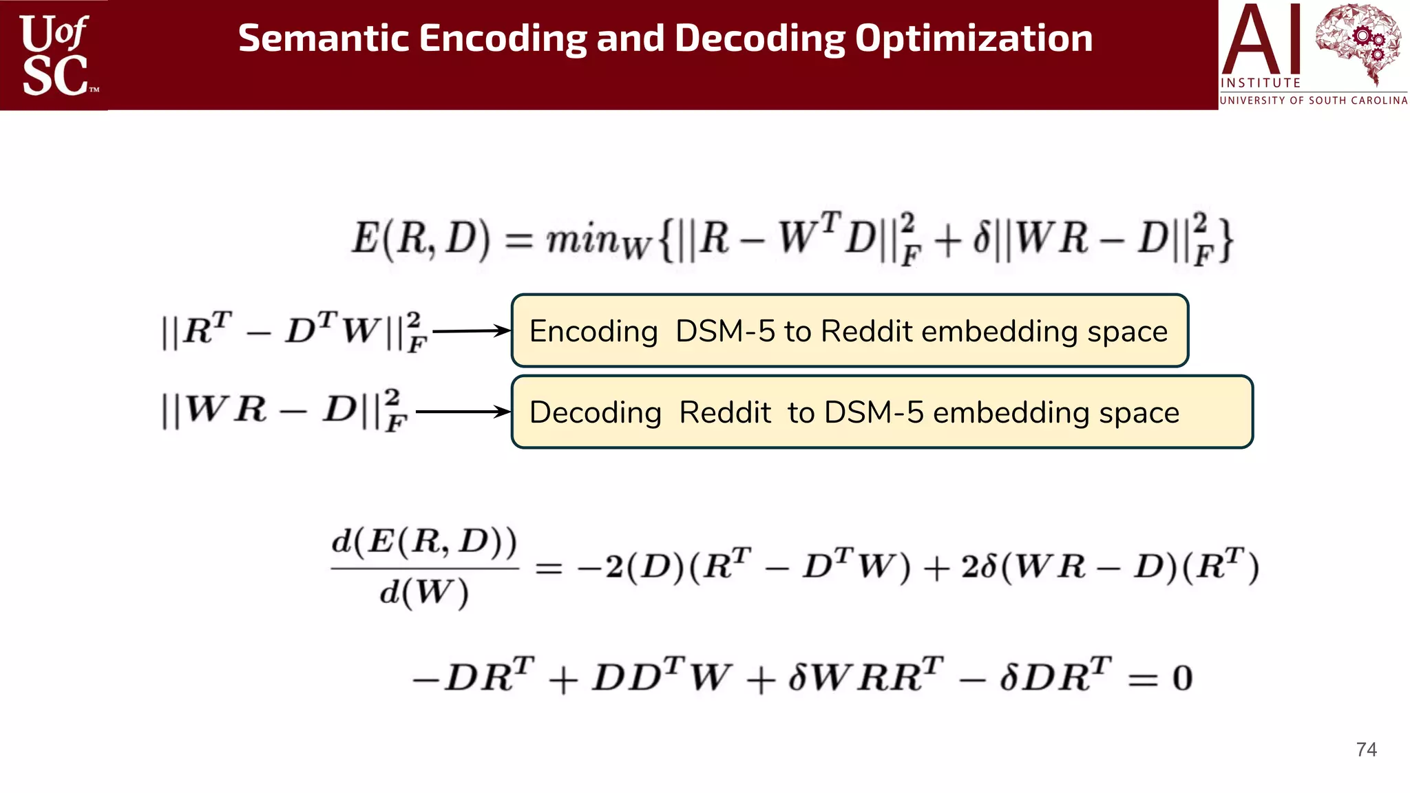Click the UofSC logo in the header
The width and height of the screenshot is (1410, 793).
click(55, 55)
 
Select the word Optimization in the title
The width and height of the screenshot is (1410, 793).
click(974, 39)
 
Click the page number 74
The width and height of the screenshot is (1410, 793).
click(1366, 750)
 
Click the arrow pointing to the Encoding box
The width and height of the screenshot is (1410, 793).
click(471, 331)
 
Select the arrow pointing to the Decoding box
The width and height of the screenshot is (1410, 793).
click(463, 412)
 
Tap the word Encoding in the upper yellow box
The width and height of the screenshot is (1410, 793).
click(593, 332)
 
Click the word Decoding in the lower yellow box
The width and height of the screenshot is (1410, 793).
click(595, 413)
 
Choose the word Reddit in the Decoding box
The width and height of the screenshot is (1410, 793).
click(724, 413)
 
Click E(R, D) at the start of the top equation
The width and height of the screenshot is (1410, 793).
click(421, 239)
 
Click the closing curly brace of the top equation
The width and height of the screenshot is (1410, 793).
click(1225, 240)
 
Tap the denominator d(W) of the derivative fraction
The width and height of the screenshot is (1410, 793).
click(423, 593)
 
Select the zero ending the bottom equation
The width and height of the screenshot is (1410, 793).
click(1182, 678)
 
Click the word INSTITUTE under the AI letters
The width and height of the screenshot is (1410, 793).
click(1260, 83)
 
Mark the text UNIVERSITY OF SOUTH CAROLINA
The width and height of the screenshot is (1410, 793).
click(1314, 101)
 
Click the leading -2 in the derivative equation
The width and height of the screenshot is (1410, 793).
click(600, 567)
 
